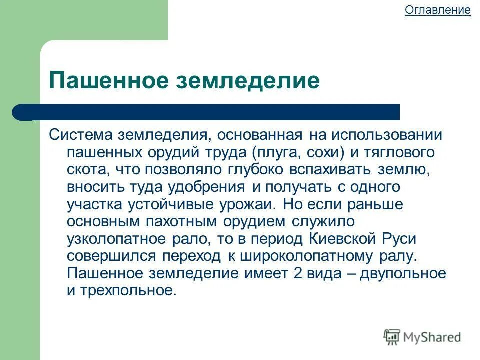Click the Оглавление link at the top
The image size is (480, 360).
pos(437,10)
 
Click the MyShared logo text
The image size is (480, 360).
pos(432,337)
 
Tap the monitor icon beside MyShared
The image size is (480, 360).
pos(393,336)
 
